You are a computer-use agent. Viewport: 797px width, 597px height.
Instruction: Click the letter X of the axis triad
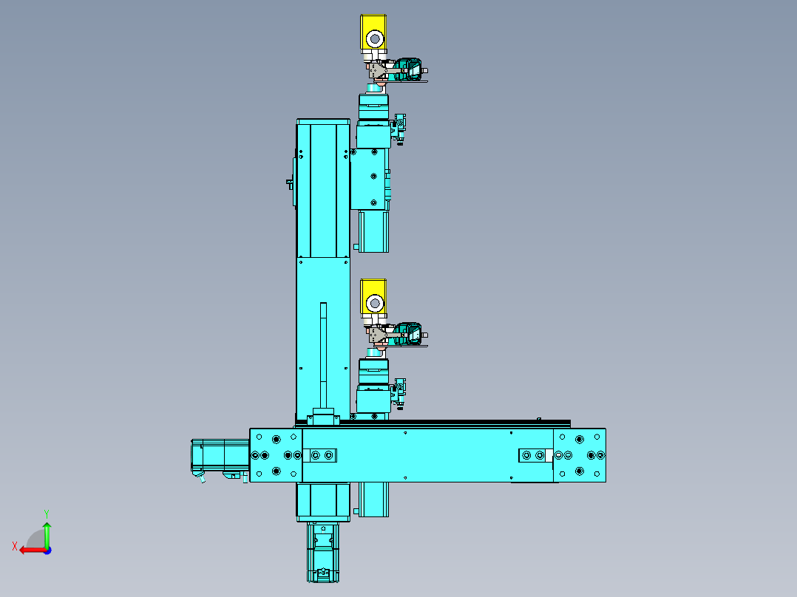(15, 546)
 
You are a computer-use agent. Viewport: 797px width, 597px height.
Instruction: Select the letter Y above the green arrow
(47, 514)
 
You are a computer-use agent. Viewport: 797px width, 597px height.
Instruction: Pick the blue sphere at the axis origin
(47, 550)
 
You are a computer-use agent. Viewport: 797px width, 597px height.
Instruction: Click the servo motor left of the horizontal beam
(220, 458)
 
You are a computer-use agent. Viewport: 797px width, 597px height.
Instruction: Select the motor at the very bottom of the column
(323, 552)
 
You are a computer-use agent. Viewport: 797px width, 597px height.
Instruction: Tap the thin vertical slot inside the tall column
(323, 355)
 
